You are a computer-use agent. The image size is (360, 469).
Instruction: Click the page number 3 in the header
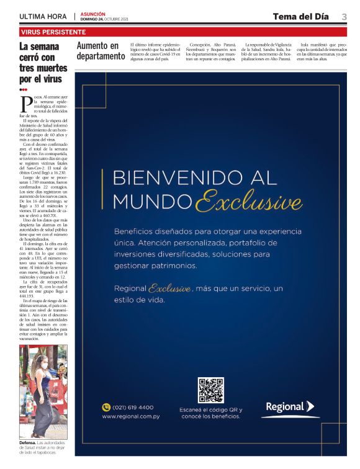click(344, 16)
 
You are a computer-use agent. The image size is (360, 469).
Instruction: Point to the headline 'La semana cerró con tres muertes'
click(39, 63)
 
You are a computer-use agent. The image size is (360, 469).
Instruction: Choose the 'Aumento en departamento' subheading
click(101, 51)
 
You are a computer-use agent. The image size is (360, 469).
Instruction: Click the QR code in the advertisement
click(210, 390)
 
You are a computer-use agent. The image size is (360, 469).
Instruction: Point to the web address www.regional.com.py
click(130, 416)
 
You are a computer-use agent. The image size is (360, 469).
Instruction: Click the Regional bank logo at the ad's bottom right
click(290, 407)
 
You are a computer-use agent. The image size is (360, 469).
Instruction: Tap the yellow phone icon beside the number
click(106, 408)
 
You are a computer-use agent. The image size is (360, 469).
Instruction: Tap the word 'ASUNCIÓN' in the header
click(92, 13)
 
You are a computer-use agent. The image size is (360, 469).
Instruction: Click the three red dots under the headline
click(24, 89)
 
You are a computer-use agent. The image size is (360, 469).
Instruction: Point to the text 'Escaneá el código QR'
click(210, 410)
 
